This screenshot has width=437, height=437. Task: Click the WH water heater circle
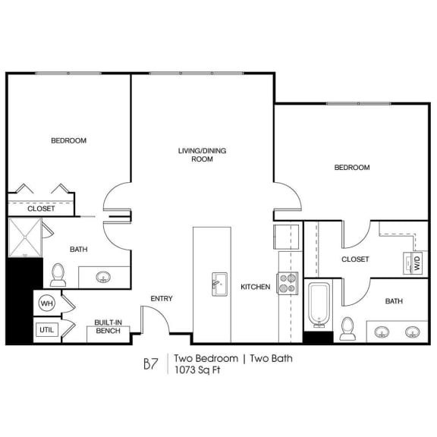[x=46, y=303]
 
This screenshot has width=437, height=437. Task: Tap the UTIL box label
[x=46, y=330]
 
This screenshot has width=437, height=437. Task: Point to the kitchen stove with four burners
[x=288, y=284]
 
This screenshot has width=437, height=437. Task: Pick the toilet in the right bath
[x=348, y=327]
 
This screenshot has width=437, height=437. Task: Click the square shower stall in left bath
[x=25, y=236]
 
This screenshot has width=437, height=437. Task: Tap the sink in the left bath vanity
[x=102, y=277]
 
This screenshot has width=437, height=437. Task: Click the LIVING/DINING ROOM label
[x=202, y=156]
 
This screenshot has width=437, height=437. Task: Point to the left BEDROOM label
[x=68, y=140]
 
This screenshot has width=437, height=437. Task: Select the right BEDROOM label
[x=352, y=168]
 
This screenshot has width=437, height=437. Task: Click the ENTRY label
[x=161, y=298]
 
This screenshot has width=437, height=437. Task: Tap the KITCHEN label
[x=256, y=287]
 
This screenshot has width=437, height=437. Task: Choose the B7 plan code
[x=150, y=363]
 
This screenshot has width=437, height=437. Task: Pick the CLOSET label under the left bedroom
[x=41, y=208]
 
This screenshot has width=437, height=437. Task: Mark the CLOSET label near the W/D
[x=355, y=259]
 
